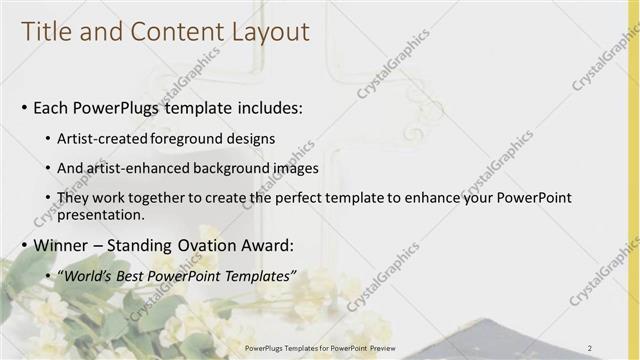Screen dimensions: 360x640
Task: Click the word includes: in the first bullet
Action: (x=264, y=106)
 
